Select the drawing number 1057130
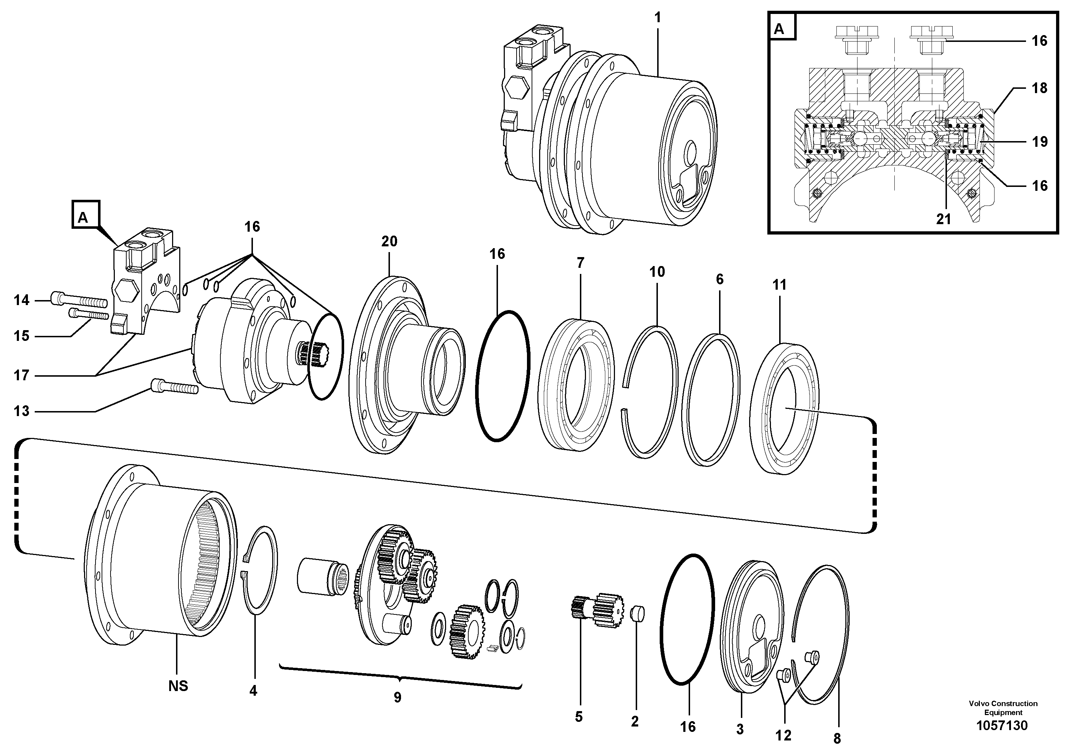[1002, 725]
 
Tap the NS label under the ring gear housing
[178, 686]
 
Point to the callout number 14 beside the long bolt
[21, 300]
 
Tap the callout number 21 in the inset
[943, 219]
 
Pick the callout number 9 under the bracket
[397, 697]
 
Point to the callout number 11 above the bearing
[779, 285]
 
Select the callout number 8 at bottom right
[837, 739]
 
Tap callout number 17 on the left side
[21, 375]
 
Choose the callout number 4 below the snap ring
[253, 691]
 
